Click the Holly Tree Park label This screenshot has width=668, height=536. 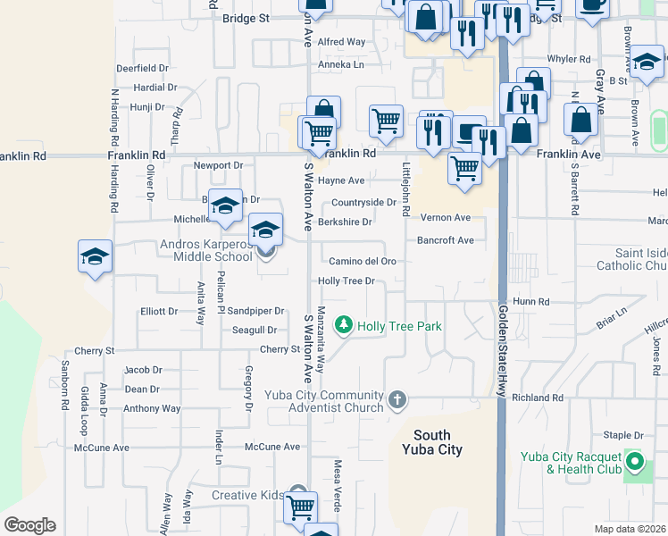399,326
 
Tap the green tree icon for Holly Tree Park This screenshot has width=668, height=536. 343,326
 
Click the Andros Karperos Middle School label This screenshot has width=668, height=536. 206,250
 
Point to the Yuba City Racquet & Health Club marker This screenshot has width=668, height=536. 635,463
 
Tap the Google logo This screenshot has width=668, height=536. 29,525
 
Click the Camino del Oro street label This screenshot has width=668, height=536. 363,261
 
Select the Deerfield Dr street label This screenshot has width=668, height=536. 142,68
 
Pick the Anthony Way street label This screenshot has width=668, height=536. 152,409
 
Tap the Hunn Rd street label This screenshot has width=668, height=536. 530,302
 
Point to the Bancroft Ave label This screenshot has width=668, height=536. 445,239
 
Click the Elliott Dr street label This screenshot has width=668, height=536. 160,311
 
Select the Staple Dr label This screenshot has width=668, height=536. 623,435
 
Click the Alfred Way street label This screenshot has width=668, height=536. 342,42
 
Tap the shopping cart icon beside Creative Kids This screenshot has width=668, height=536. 300,507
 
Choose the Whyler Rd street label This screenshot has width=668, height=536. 569,59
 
